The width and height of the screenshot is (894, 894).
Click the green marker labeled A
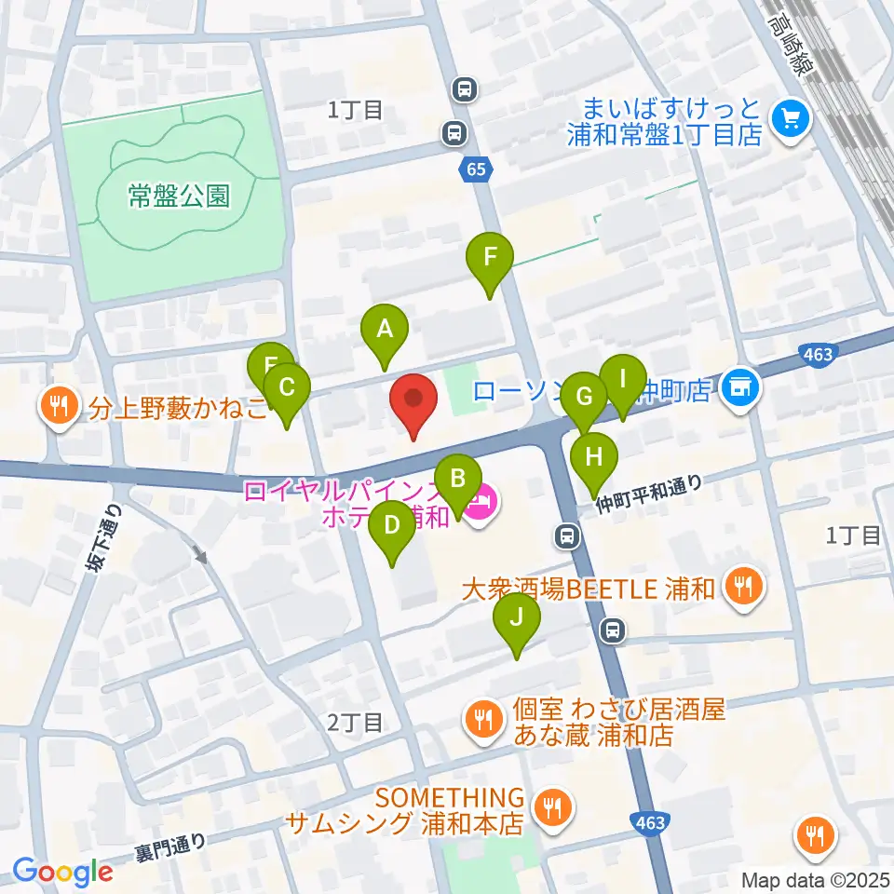point(384,331)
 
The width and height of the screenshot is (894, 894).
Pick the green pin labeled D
point(392,528)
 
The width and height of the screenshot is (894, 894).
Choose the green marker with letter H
point(594,459)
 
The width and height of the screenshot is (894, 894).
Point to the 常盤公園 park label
point(179,196)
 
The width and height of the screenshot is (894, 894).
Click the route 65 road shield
point(476,169)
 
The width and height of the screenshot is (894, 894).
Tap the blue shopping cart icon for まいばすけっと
point(792,118)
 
